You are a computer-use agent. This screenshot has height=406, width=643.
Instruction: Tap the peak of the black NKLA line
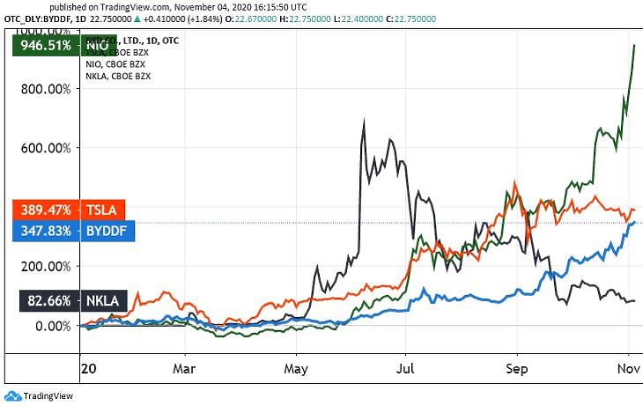(x=364, y=120)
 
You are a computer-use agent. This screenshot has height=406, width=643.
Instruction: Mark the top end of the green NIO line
(x=634, y=45)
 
